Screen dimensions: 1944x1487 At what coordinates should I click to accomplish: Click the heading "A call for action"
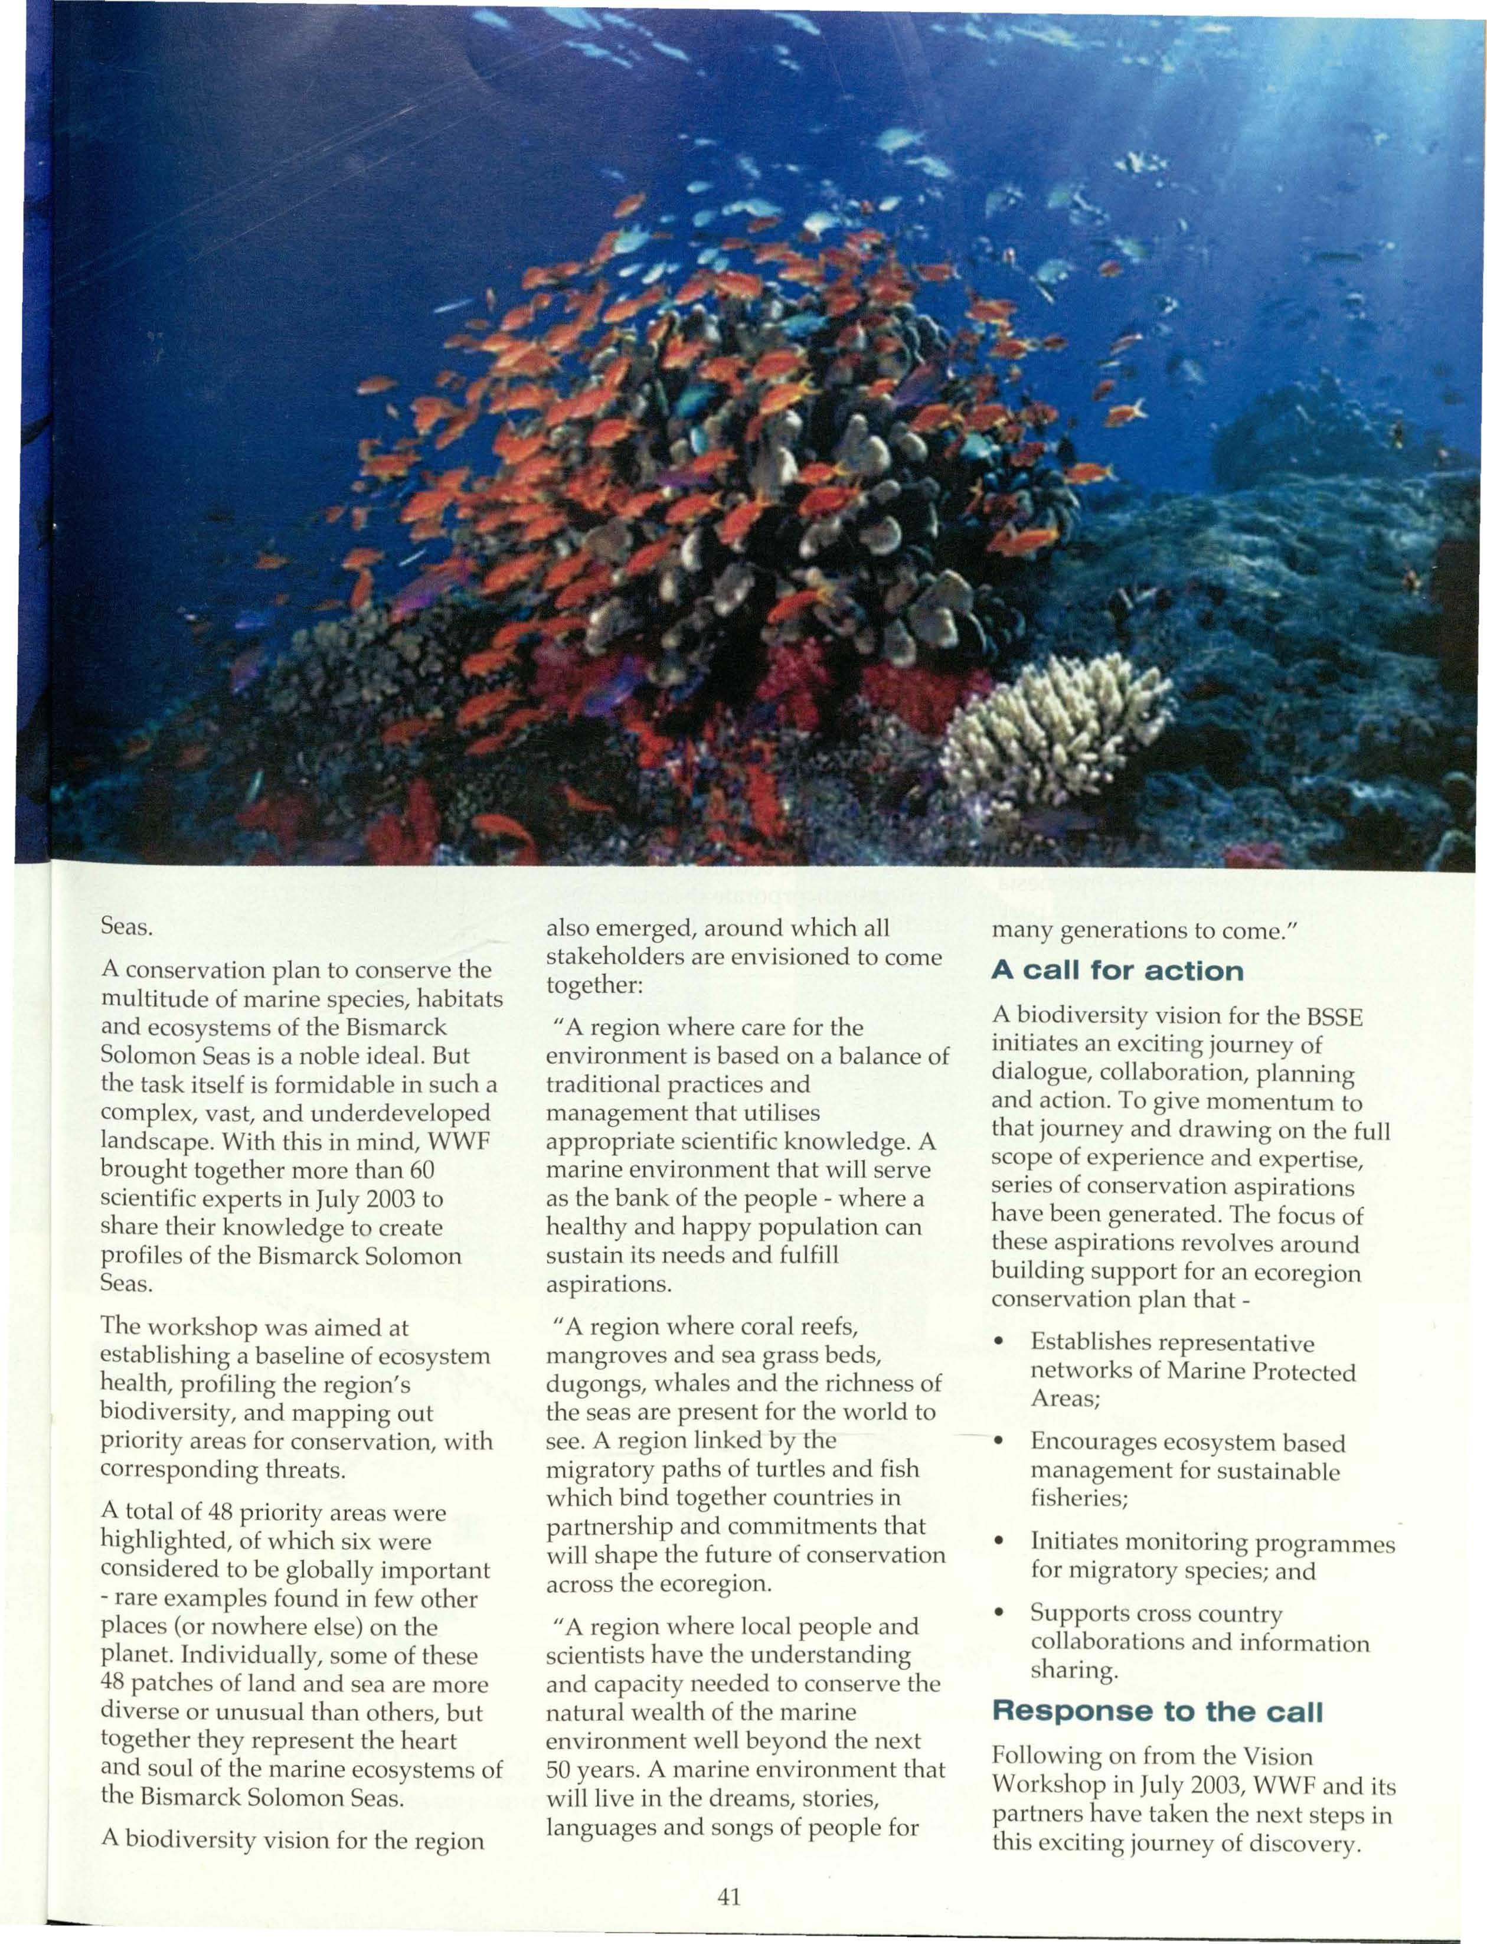pyautogui.click(x=1117, y=971)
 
